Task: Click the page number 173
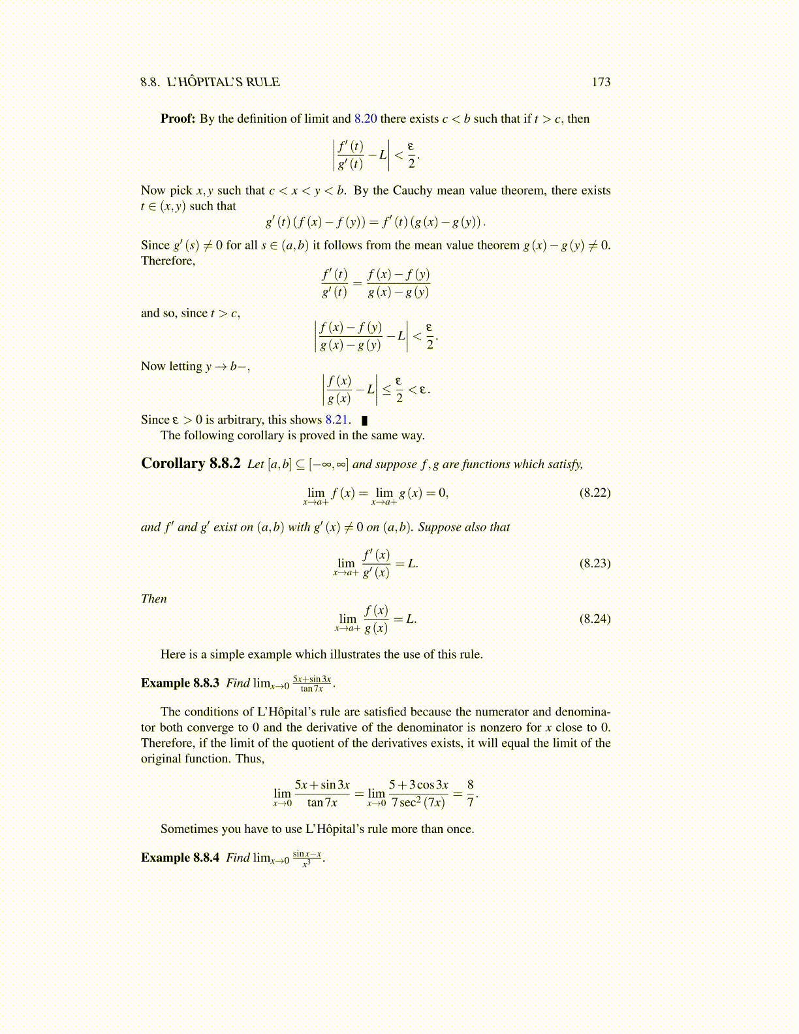click(601, 82)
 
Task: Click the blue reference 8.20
click(366, 119)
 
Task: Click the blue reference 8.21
click(337, 420)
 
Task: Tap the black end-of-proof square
click(364, 420)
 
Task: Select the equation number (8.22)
click(595, 493)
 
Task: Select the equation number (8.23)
click(595, 563)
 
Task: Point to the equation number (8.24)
click(595, 619)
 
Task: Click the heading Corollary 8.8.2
click(191, 463)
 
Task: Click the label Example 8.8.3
click(180, 683)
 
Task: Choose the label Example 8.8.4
click(180, 858)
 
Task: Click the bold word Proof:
click(178, 119)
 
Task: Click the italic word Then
click(154, 599)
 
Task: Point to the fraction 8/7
click(470, 793)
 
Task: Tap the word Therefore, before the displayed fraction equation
click(168, 261)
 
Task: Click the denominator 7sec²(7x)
click(418, 803)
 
